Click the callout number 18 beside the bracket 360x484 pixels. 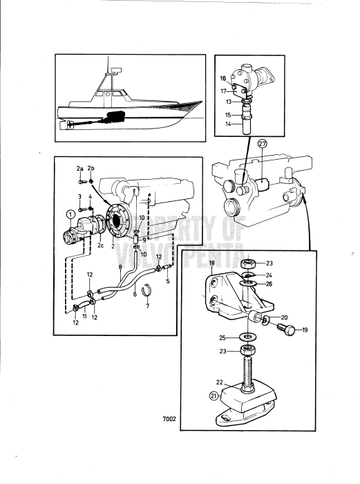point(212,264)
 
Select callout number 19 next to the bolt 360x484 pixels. point(305,330)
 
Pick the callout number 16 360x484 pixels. point(223,79)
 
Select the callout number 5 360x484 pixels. point(168,281)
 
